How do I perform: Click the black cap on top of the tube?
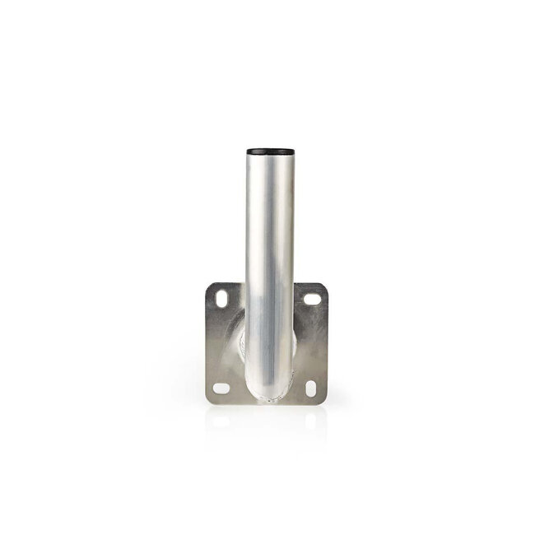pyautogui.click(x=267, y=152)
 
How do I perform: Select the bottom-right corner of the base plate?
pyautogui.click(x=328, y=402)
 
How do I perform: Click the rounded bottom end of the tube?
pyautogui.click(x=267, y=393)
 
